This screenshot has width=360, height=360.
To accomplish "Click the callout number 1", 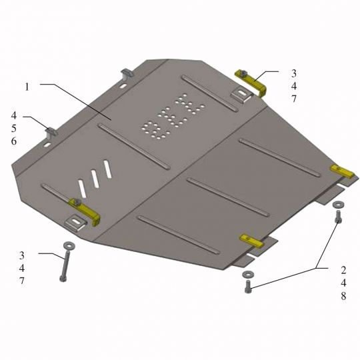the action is [x=27, y=87].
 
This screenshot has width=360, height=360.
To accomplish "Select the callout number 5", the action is [x=14, y=129].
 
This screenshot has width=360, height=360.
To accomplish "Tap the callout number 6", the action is [x=14, y=141].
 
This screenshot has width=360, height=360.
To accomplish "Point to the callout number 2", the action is [x=343, y=270].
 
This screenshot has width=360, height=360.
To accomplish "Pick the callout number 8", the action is [x=343, y=296].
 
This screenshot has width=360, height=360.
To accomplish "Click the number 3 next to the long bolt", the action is [x=21, y=255].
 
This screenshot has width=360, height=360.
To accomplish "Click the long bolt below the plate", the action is [x=64, y=266].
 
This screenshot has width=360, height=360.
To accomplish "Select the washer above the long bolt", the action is [x=69, y=245].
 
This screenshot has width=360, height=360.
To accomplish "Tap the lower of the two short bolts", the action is [x=249, y=287].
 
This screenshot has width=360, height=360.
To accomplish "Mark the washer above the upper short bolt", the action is [x=338, y=205].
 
